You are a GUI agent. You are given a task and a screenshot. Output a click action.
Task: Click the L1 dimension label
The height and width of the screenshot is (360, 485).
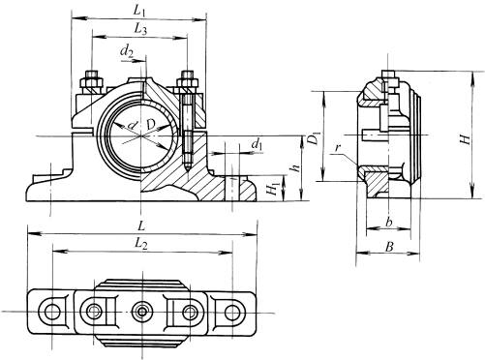pos(139,12)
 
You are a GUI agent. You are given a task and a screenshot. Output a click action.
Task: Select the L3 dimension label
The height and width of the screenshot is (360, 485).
pos(140,30)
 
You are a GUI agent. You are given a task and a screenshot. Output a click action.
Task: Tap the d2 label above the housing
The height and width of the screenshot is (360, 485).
pos(127,51)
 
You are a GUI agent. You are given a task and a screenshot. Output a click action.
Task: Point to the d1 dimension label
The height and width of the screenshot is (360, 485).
pos(257,144)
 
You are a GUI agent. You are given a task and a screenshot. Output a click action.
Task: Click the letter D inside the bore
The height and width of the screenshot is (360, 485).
pos(151,124)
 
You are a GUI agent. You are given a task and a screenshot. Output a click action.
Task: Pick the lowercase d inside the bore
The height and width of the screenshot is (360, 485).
pos(132,125)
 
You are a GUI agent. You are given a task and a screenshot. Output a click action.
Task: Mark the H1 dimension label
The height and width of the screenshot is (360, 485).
pos(274,188)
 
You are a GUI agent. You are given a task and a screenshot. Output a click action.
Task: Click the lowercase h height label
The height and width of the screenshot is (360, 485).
pos(294,168)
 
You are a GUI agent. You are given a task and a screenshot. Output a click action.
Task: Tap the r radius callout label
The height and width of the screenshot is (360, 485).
pos(338,148)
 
